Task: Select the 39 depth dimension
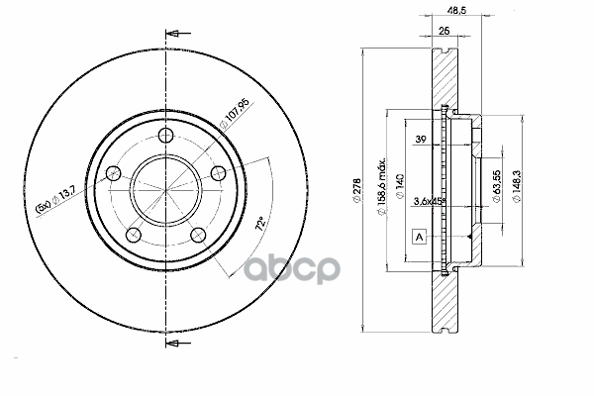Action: [421, 139]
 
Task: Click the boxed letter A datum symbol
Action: [420, 238]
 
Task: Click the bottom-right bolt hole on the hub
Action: [198, 235]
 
